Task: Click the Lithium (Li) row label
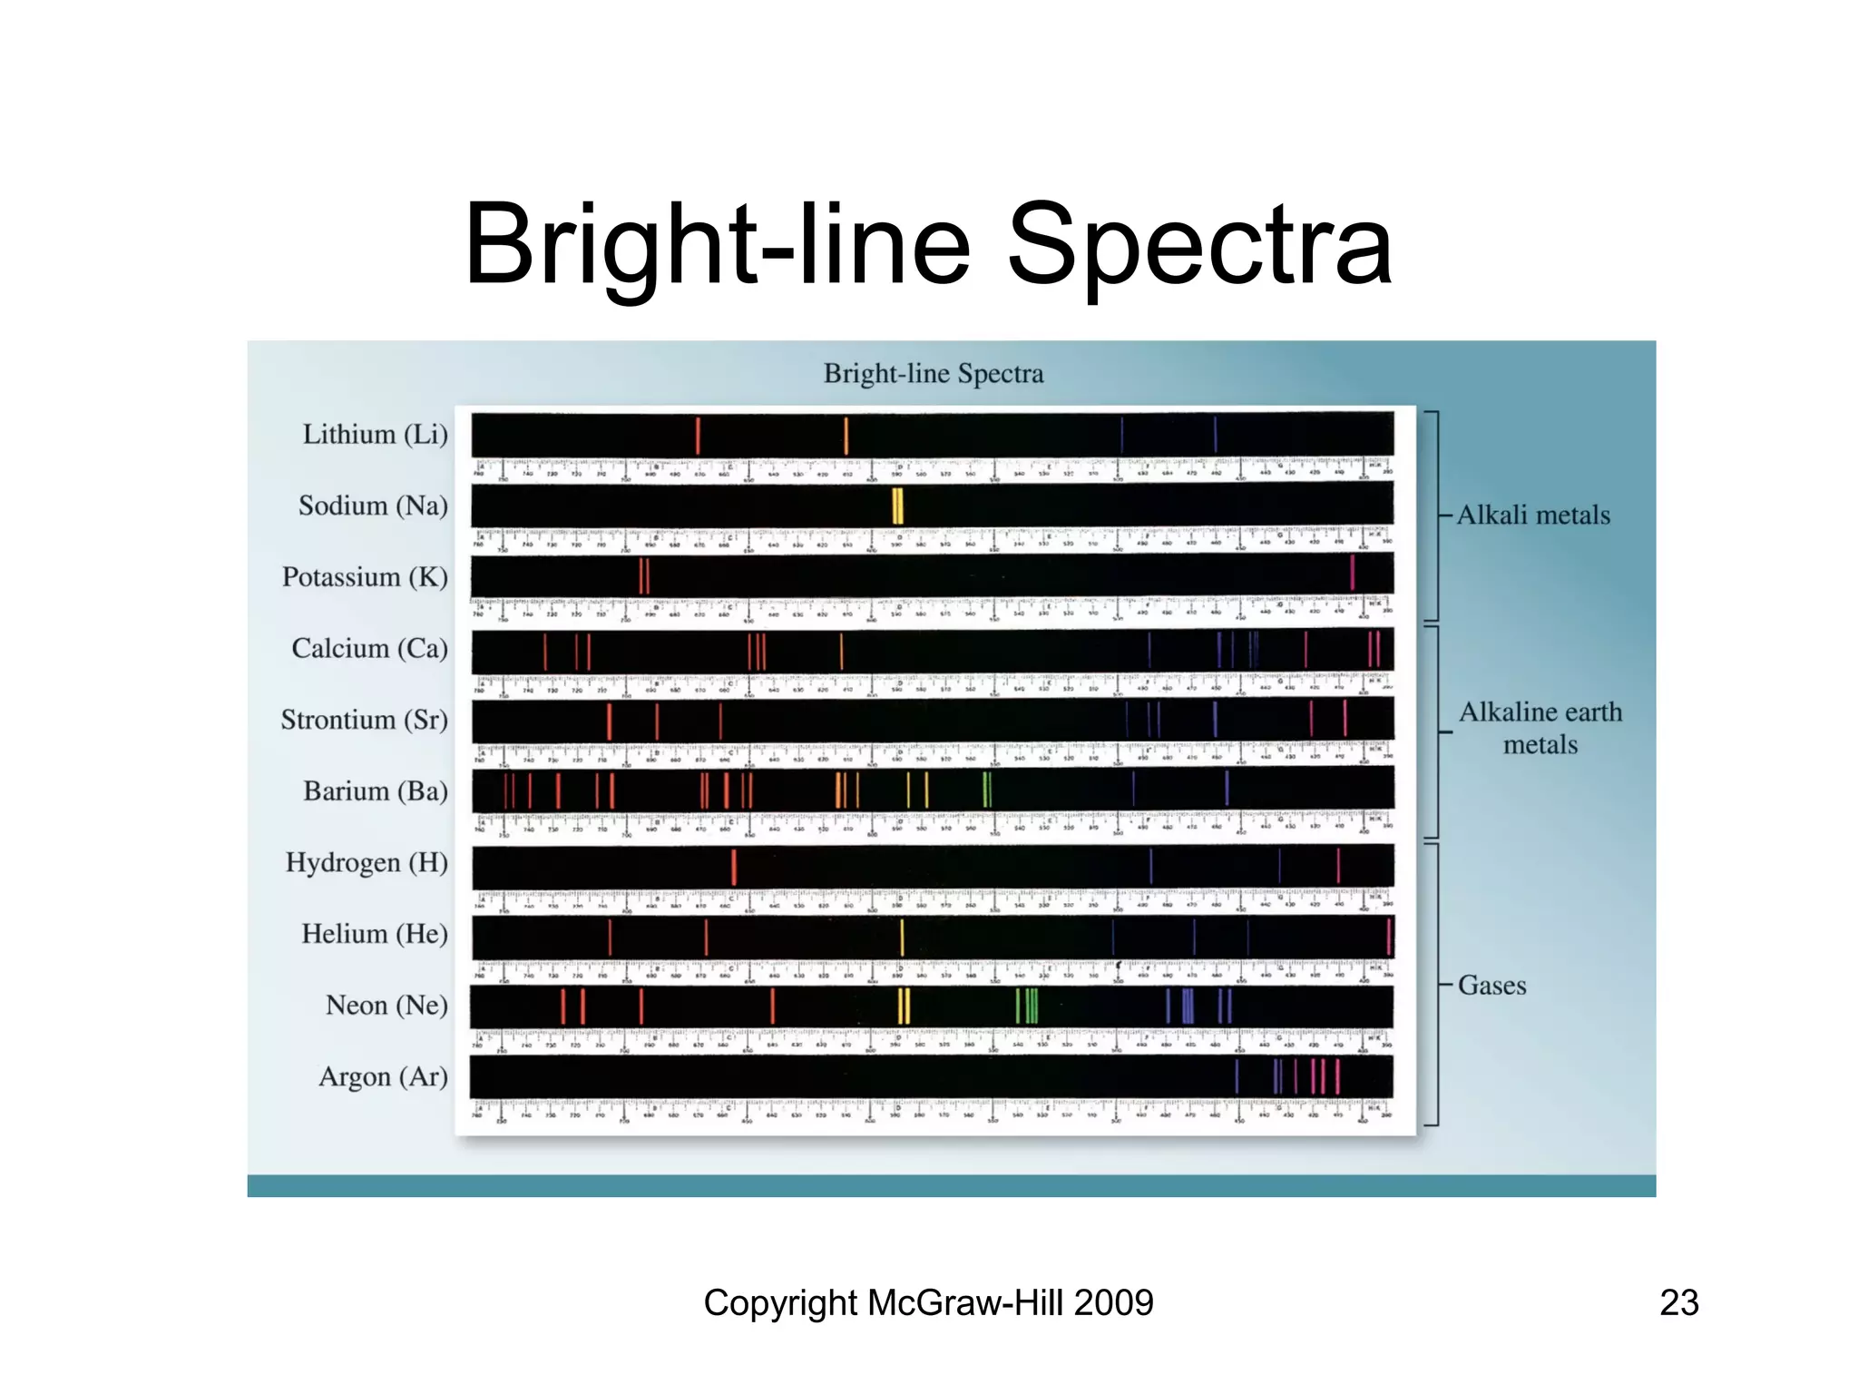pyautogui.click(x=375, y=435)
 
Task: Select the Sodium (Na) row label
pyautogui.click(x=373, y=506)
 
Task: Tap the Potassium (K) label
pyautogui.click(x=365, y=577)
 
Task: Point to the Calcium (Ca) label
pyautogui.click(x=369, y=648)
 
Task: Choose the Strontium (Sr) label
pyautogui.click(x=364, y=720)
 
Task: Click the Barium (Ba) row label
pyautogui.click(x=375, y=791)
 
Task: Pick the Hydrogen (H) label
pyautogui.click(x=367, y=862)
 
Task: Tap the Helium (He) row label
pyautogui.click(x=374, y=934)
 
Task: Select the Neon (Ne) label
pyautogui.click(x=386, y=1006)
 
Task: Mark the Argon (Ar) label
pyautogui.click(x=383, y=1077)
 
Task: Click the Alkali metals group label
pyautogui.click(x=1533, y=515)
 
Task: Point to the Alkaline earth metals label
pyautogui.click(x=1540, y=728)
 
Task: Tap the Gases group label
pyautogui.click(x=1491, y=986)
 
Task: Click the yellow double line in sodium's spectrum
pyautogui.click(x=897, y=506)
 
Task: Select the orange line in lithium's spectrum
pyautogui.click(x=846, y=436)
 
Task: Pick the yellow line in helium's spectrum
pyautogui.click(x=902, y=938)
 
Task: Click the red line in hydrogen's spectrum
pyautogui.click(x=734, y=867)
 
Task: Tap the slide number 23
pyautogui.click(x=1678, y=1303)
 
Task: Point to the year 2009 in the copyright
pyautogui.click(x=1113, y=1303)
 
